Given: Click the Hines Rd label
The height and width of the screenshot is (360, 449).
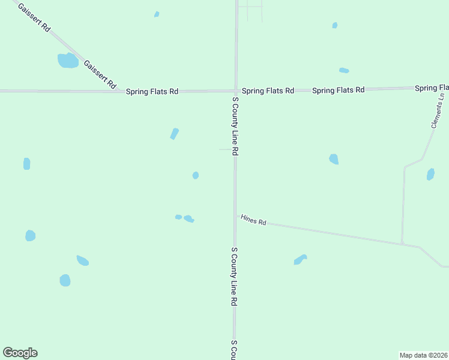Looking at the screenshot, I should pyautogui.click(x=253, y=220).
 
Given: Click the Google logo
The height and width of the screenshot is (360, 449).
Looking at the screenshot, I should pyautogui.click(x=20, y=353).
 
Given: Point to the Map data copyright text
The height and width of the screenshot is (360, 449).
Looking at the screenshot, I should pyautogui.click(x=423, y=355).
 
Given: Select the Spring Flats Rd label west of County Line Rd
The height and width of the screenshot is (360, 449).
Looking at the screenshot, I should pyautogui.click(x=152, y=92).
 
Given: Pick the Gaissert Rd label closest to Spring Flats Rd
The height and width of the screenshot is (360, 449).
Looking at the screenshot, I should pyautogui.click(x=100, y=75).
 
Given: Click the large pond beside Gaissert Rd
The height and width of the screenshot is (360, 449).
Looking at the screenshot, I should pyautogui.click(x=68, y=61).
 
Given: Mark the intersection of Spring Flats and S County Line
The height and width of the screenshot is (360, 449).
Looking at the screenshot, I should pyautogui.click(x=236, y=91).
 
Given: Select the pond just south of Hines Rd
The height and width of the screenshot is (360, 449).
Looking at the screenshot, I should pyautogui.click(x=300, y=259).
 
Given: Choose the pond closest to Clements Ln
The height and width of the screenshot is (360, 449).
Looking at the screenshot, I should pyautogui.click(x=430, y=175).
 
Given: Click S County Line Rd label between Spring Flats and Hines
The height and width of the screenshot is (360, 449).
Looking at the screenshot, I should pyautogui.click(x=235, y=126).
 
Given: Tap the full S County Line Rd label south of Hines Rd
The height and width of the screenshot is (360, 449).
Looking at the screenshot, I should pyautogui.click(x=235, y=276).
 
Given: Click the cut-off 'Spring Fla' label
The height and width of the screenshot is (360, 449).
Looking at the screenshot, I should pyautogui.click(x=431, y=88).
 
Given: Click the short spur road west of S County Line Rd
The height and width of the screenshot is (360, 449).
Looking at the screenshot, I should pyautogui.click(x=226, y=149).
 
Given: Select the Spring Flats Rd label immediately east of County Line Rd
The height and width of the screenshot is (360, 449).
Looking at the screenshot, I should pyautogui.click(x=268, y=91).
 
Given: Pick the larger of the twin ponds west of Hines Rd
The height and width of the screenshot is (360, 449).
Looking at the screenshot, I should pyautogui.click(x=188, y=218).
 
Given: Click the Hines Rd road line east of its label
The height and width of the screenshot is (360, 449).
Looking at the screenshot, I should pyautogui.click(x=336, y=233).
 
